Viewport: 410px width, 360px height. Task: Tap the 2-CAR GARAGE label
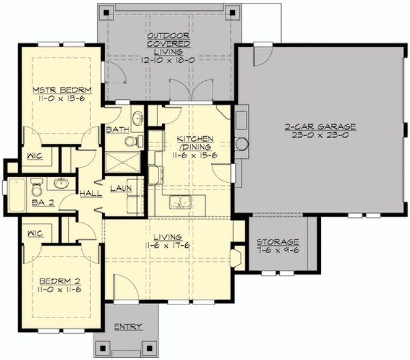point(320,127)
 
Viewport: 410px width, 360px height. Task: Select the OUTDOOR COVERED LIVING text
point(168,44)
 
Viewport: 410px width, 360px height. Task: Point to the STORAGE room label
point(277,241)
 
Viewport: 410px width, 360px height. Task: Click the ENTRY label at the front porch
point(128,326)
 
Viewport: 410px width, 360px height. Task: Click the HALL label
point(89,193)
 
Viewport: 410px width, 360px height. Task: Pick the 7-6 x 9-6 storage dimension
point(277,251)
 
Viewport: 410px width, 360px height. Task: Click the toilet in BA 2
point(37,188)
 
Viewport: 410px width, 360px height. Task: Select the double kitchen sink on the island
point(180,202)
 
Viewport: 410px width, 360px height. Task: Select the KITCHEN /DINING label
point(194,143)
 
